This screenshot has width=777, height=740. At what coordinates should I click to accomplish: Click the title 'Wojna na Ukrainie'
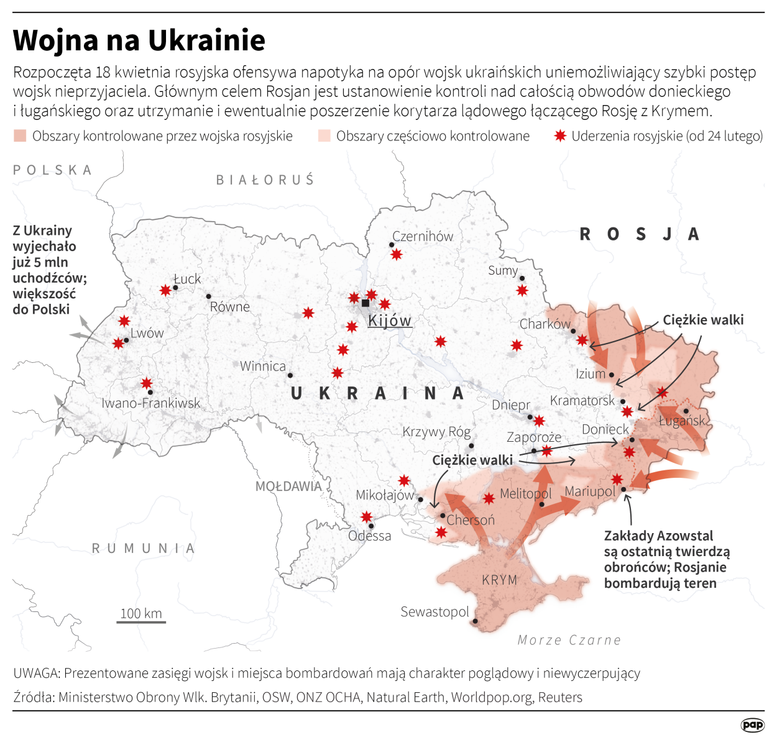coord(139,40)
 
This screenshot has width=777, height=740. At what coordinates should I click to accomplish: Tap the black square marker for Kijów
coord(366,303)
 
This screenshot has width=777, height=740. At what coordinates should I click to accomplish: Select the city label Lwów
coord(147,333)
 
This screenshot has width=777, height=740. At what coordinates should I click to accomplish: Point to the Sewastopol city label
coord(434,612)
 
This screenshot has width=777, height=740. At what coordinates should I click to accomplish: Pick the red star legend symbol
coord(560,135)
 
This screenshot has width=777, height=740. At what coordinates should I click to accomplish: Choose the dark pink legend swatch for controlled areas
coord(20,135)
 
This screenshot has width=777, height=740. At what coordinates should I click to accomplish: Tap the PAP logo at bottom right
coord(752,724)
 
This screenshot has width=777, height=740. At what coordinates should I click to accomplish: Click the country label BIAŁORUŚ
coord(265,180)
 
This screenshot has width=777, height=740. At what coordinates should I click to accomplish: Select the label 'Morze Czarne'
coord(569,640)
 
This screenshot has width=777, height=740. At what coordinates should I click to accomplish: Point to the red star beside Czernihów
coord(396,254)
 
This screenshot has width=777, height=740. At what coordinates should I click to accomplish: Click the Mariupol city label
coord(589,491)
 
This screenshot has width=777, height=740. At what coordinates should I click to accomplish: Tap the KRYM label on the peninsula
coord(499,580)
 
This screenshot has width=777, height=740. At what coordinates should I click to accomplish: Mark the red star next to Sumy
coord(522,290)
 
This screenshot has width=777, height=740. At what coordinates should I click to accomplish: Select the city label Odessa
coord(370,536)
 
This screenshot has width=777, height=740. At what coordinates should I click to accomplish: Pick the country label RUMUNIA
coord(144,548)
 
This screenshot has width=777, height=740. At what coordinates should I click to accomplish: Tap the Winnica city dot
coord(290,375)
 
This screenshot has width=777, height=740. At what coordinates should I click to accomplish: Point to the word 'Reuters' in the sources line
coord(560,697)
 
